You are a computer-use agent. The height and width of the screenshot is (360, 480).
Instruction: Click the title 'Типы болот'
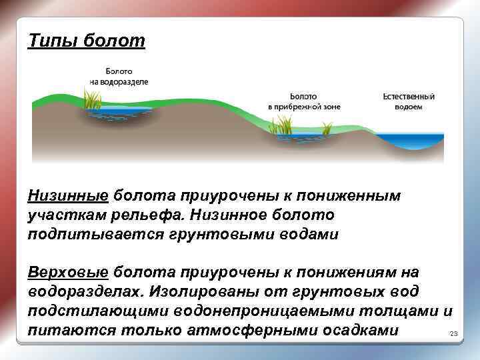(x=86, y=41)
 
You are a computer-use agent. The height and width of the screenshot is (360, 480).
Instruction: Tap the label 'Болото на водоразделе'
(x=119, y=75)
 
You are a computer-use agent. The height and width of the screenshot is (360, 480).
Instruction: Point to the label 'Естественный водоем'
(x=408, y=101)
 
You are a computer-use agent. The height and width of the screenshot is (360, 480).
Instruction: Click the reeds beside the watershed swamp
(x=93, y=100)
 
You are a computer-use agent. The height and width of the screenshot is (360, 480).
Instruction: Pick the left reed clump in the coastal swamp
(x=284, y=124)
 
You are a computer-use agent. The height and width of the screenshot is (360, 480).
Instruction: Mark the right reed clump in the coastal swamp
(x=327, y=127)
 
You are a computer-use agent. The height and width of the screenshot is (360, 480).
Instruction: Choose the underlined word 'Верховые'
(x=68, y=273)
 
